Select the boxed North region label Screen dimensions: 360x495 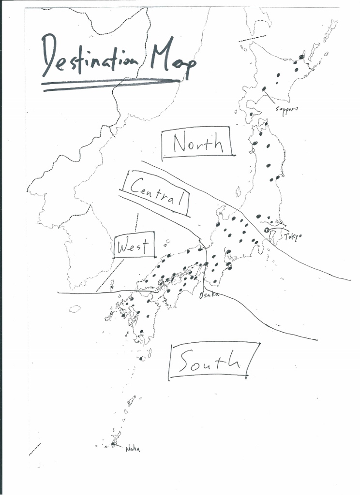click(198, 143)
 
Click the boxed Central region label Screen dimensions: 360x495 click(156, 193)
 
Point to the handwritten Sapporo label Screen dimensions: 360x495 click(286, 109)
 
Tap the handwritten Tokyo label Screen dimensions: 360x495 click(292, 236)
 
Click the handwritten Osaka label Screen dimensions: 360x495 click(209, 294)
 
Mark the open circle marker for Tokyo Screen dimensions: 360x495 click(267, 230)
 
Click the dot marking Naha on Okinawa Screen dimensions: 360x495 click(113, 444)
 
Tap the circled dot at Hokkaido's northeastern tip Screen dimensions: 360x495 click(302, 57)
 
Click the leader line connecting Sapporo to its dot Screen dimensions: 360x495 click(270, 97)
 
